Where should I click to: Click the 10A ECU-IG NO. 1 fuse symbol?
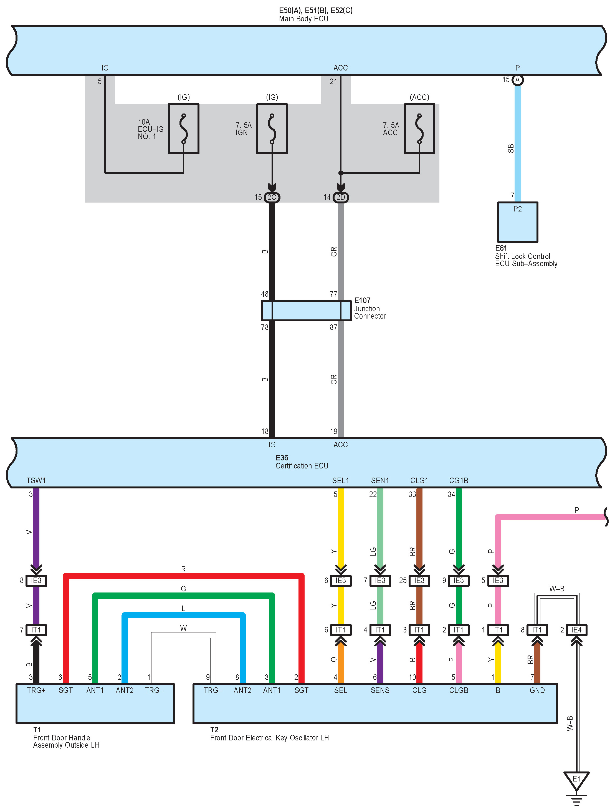point(183,129)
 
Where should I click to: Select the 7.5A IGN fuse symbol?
point(272,129)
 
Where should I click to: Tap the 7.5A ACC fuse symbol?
point(419,129)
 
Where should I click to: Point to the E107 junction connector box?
point(306,311)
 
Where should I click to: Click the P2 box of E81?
point(517,222)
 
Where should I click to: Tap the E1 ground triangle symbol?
point(576,780)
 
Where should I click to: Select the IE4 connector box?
point(576,630)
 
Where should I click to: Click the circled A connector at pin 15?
point(517,80)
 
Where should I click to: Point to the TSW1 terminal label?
point(36,481)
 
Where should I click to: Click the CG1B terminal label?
point(458,481)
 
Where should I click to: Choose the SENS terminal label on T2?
point(380,690)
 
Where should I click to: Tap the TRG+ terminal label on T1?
point(36,690)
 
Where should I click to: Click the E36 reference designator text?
point(282,458)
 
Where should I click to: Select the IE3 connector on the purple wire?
point(36,580)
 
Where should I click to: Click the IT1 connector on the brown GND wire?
point(537,630)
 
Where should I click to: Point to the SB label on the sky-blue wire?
point(510,149)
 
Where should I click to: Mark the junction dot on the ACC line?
point(341,173)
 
